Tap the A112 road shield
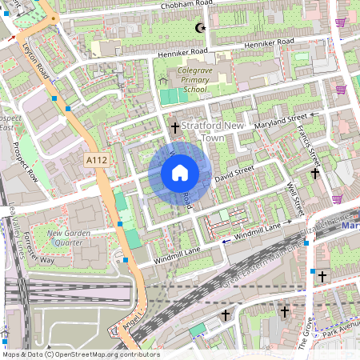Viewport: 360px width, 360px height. click(97, 161)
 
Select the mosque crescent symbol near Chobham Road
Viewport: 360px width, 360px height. click(199, 28)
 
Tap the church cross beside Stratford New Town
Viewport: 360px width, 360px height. click(174, 127)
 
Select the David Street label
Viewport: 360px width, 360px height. click(234, 171)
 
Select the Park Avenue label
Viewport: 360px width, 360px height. click(339, 329)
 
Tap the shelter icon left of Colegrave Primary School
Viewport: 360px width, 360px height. click(164, 80)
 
